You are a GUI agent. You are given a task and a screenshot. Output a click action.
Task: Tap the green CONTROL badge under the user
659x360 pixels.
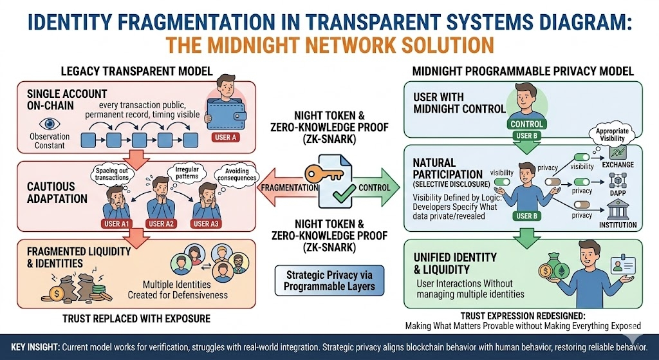(x=528, y=123)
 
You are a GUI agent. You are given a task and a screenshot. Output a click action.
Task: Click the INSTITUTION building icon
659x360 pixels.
(x=617, y=211)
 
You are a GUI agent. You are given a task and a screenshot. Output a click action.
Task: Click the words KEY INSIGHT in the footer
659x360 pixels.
(x=32, y=347)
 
